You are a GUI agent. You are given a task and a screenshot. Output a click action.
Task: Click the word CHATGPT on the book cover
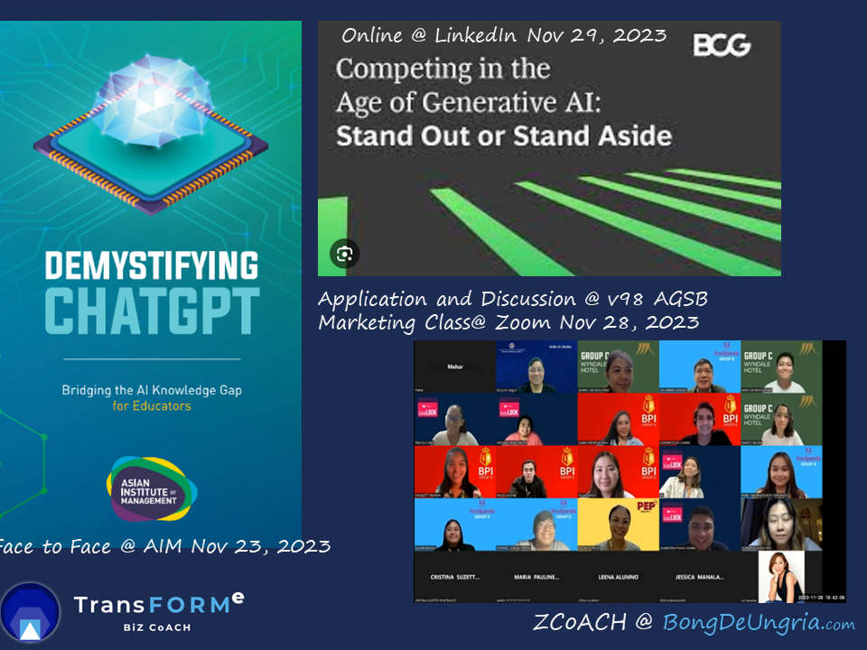pyautogui.click(x=152, y=311)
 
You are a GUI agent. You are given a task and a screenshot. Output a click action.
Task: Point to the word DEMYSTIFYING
pyautogui.click(x=152, y=266)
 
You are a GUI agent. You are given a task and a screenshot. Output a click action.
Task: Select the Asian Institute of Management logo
pyautogui.click(x=151, y=488)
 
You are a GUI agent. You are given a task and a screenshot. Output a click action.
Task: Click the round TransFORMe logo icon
pyautogui.click(x=30, y=613)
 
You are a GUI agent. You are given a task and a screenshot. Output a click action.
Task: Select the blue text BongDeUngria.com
pyautogui.click(x=759, y=623)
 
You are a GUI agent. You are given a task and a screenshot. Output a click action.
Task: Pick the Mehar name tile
pyautogui.click(x=454, y=367)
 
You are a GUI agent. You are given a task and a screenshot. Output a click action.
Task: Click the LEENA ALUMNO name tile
pyautogui.click(x=618, y=576)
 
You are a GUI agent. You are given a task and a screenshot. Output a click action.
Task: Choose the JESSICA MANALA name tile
pyautogui.click(x=700, y=576)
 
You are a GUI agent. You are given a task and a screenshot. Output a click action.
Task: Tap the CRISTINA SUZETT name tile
pyautogui.click(x=454, y=576)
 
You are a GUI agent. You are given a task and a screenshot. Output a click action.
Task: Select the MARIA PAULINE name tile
pyautogui.click(x=536, y=576)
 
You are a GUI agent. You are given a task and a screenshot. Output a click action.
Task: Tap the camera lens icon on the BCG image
pyautogui.click(x=344, y=253)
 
